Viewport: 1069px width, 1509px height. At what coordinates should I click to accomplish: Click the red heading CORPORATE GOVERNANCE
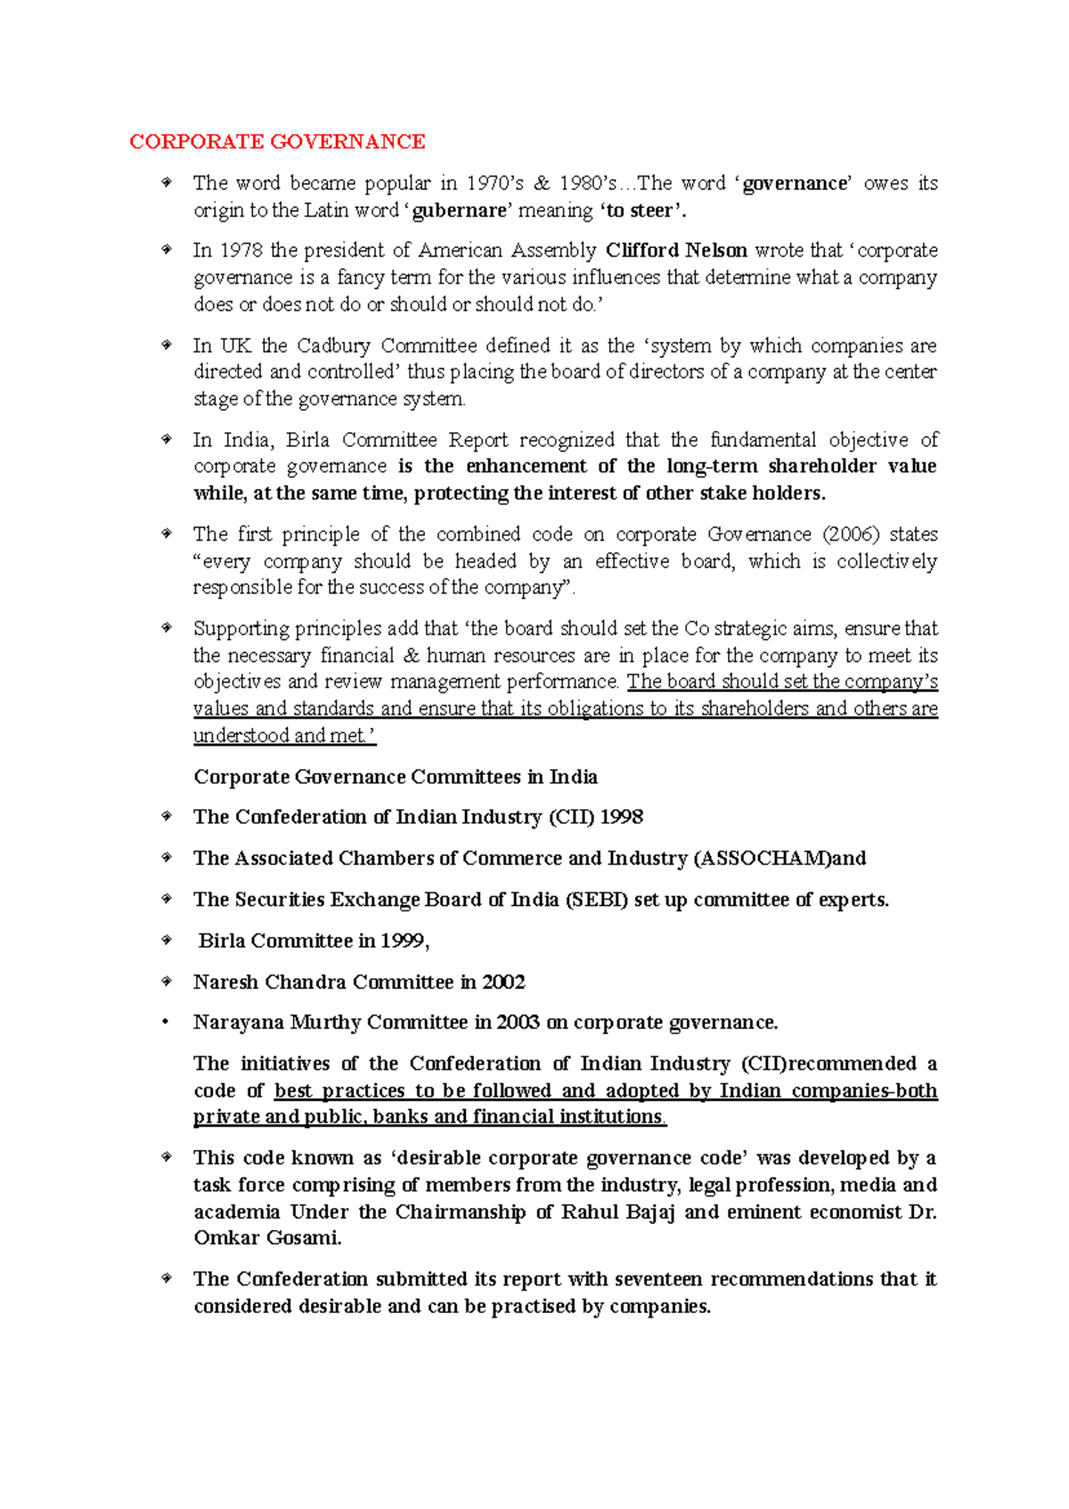(x=277, y=142)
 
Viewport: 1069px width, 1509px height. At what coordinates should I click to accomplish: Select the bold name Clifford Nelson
(x=676, y=250)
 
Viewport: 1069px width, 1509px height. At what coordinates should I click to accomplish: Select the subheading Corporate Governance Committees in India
(x=396, y=777)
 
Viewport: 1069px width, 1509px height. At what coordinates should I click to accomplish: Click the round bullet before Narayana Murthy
(x=165, y=1023)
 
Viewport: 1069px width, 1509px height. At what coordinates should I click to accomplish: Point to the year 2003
(x=518, y=1023)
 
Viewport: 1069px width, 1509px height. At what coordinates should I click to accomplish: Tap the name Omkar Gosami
(x=266, y=1238)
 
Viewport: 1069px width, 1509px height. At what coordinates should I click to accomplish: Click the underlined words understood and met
(x=283, y=736)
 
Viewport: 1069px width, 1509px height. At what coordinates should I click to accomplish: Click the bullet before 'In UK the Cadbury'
(x=166, y=345)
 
